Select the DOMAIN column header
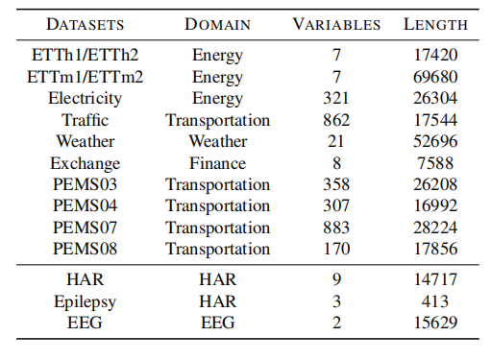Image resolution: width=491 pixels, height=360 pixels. (x=218, y=24)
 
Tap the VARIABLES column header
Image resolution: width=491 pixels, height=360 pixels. (x=336, y=24)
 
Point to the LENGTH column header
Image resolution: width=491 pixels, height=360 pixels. (x=436, y=24)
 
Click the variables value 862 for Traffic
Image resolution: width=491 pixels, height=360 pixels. (x=336, y=120)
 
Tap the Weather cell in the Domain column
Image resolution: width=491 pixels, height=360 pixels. (x=218, y=141)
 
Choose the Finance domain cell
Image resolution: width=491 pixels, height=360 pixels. (x=218, y=163)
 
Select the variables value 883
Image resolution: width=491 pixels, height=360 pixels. (x=336, y=228)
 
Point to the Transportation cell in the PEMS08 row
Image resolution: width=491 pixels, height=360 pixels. (x=218, y=249)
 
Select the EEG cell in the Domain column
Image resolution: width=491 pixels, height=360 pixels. (x=218, y=323)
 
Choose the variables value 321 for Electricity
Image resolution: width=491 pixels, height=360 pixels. (x=336, y=98)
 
